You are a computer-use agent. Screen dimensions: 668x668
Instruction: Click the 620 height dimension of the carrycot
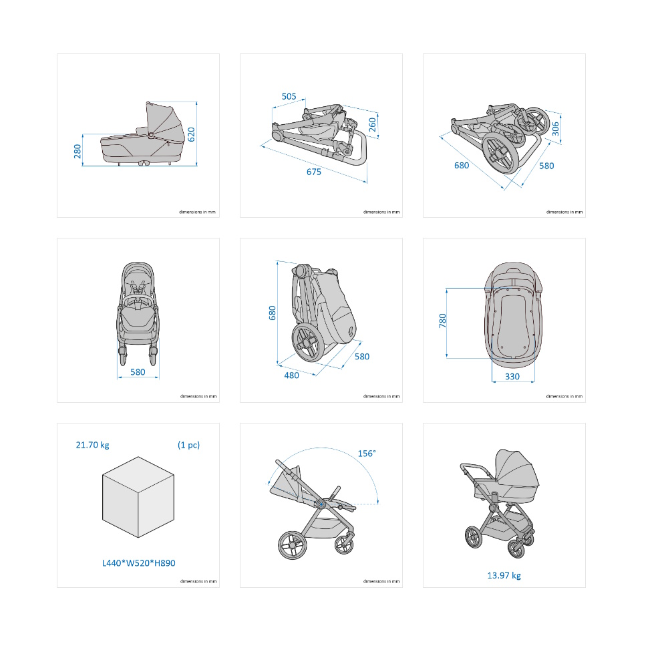pos(191,134)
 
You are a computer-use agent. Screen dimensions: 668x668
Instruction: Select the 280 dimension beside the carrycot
pos(77,151)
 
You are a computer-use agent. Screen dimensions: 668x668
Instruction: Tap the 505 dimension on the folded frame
pos(289,96)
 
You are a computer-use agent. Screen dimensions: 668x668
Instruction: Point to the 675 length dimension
pos(314,172)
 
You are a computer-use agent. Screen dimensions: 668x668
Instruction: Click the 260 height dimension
pos(372,124)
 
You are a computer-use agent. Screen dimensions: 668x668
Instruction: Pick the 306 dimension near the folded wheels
pos(555,129)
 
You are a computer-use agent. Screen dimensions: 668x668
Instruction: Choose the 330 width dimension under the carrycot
pos(512,376)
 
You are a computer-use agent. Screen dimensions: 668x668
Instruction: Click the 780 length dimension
pos(443,321)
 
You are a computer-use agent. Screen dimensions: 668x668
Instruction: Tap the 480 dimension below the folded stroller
pos(291,375)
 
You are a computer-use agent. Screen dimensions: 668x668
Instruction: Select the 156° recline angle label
pos(366,454)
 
